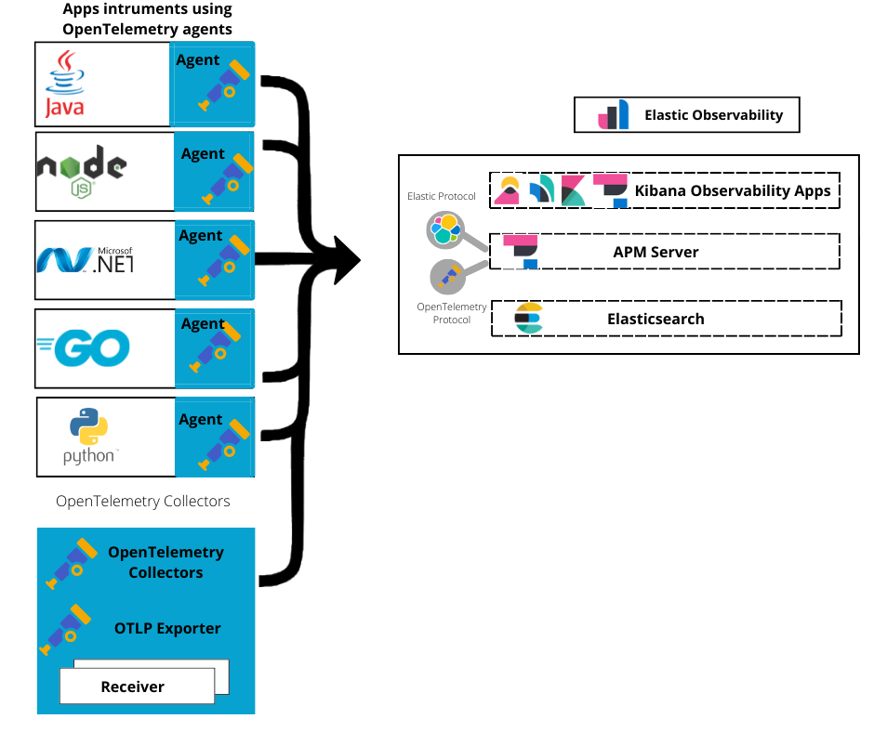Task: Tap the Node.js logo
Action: click(x=81, y=173)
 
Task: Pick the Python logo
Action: click(x=89, y=436)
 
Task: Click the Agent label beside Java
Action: click(x=197, y=60)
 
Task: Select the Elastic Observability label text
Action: click(x=713, y=116)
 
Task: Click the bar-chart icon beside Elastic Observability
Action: click(x=614, y=116)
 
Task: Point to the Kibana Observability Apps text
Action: click(x=733, y=191)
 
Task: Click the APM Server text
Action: click(x=655, y=252)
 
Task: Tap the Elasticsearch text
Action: click(x=655, y=319)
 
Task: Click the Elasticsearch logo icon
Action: click(x=529, y=318)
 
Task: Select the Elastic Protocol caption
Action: click(x=442, y=197)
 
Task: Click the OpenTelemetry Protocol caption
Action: click(x=451, y=313)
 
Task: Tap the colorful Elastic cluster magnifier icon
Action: click(x=444, y=229)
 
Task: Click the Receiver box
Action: click(x=133, y=687)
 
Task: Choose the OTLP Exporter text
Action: click(x=167, y=629)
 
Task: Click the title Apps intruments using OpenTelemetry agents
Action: click(x=147, y=20)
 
